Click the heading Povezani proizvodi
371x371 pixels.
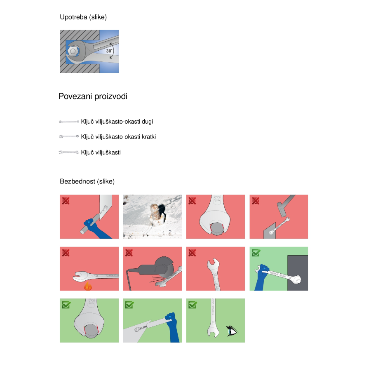click(93, 96)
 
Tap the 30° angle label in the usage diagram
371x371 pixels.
click(109, 51)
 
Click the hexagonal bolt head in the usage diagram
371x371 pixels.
click(73, 51)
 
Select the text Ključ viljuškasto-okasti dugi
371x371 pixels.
click(117, 122)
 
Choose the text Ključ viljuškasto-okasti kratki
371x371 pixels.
click(118, 137)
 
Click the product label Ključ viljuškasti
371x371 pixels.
click(101, 153)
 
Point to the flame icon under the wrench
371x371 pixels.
click(88, 286)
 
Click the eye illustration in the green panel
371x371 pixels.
click(232, 331)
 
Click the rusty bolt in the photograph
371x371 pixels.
click(155, 214)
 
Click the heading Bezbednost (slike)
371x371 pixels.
click(87, 181)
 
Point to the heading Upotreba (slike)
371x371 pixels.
click(83, 17)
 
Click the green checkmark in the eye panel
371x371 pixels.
click(193, 305)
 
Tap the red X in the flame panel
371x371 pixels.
click(66, 253)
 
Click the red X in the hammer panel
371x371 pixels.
click(256, 201)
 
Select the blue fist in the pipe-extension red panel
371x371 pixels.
click(89, 223)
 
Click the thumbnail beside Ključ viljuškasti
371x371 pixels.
click(69, 153)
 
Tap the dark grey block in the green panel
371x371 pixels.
click(298, 273)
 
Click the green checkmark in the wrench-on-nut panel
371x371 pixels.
click(66, 305)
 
